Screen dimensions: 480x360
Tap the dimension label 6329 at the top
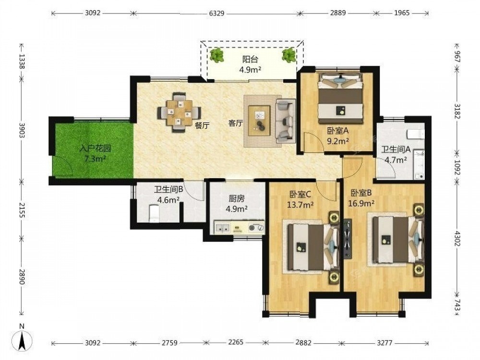tap(217, 13)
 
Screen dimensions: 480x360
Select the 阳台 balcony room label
tap(250, 59)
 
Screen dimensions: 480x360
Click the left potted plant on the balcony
tap(217, 55)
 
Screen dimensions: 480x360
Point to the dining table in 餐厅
tap(180, 112)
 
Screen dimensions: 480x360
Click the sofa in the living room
tap(285, 120)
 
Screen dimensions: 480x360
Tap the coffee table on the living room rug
tap(259, 120)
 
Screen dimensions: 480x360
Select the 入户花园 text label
tap(95, 149)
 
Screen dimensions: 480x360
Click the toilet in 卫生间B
tap(154, 213)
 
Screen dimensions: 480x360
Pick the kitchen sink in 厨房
tap(223, 228)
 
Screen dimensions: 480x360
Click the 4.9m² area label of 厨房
tap(237, 209)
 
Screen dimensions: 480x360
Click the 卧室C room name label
tap(300, 194)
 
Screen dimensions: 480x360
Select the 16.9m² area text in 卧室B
tap(361, 203)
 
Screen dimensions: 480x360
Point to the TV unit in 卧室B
tap(348, 239)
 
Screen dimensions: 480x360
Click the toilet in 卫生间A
tap(416, 134)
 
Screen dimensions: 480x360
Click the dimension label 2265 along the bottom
tap(236, 342)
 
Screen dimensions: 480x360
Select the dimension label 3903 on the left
tap(22, 131)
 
